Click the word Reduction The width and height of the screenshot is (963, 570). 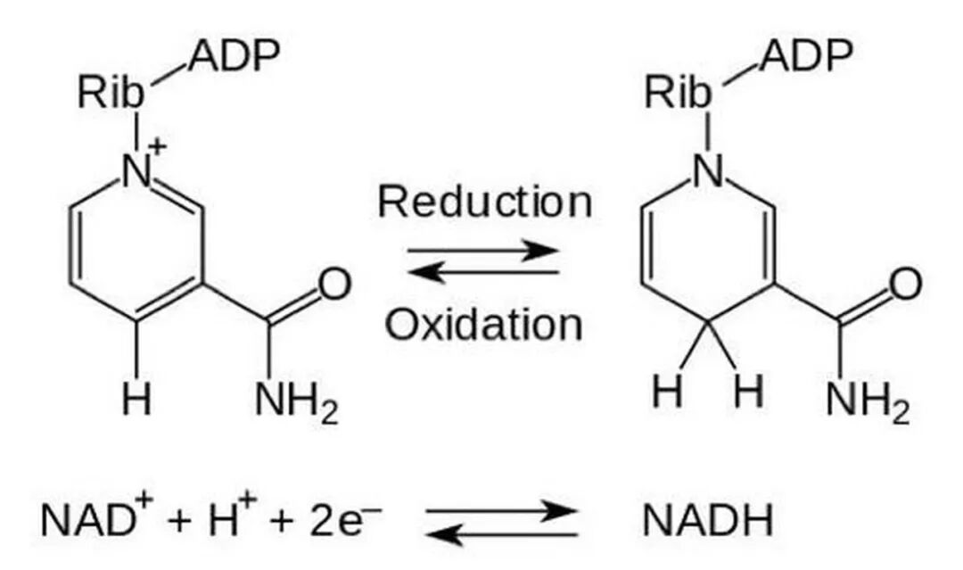(484, 202)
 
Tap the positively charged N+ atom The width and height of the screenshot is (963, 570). (139, 169)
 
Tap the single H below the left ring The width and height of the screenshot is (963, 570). (136, 398)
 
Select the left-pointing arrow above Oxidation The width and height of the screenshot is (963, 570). (484, 272)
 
